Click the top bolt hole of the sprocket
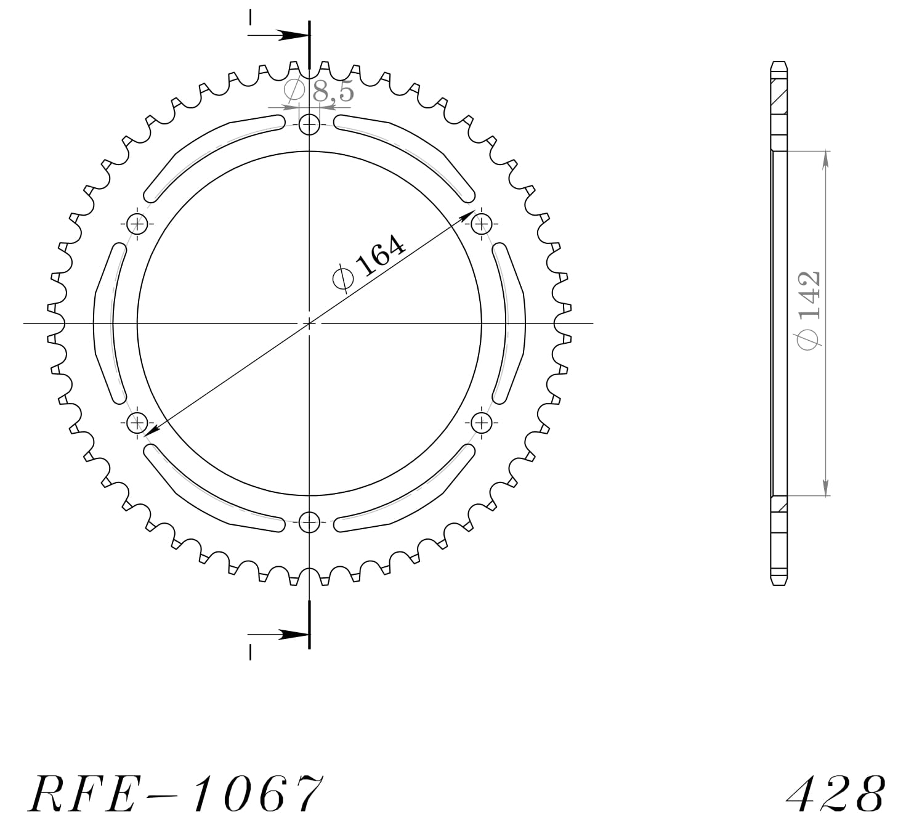pos(309,126)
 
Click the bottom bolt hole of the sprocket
pos(309,522)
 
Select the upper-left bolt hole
pos(137,223)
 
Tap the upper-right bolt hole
pos(482,223)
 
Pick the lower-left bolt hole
pos(137,423)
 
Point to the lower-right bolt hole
pos(482,423)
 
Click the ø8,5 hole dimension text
pos(319,91)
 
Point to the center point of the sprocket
pos(309,323)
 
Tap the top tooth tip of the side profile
pos(779,63)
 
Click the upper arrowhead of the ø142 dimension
pos(825,158)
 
